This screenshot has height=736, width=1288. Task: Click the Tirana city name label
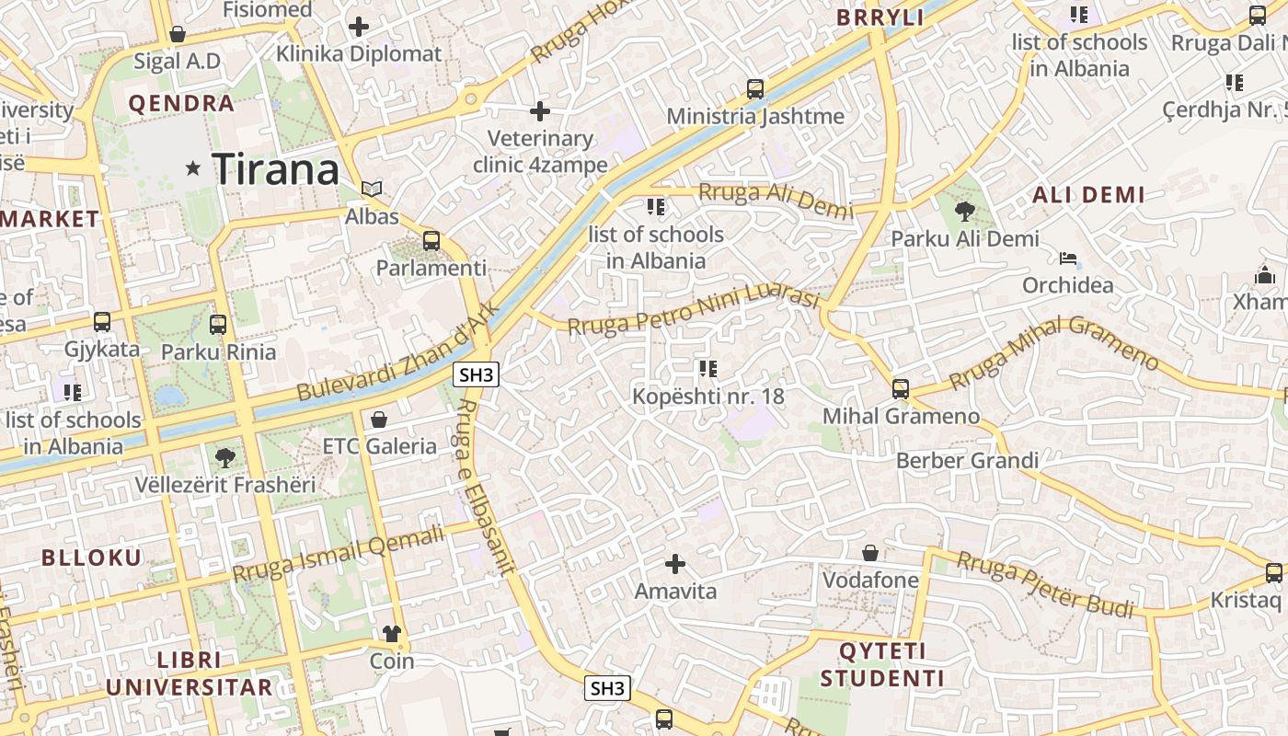coord(276,170)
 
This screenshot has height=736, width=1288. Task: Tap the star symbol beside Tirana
coord(193,168)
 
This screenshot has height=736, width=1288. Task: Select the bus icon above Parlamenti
coord(431,242)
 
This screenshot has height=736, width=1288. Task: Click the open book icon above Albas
coord(372,190)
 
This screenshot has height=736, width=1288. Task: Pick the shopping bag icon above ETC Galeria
coord(379,420)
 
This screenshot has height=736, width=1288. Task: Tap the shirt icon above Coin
coord(392,634)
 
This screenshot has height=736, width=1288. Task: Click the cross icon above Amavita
coord(675,563)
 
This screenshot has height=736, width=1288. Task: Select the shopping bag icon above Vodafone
coord(870,553)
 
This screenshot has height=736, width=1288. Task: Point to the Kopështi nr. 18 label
coord(708,397)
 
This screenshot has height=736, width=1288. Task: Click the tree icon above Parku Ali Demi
coord(965,213)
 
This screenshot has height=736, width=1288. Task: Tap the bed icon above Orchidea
coord(1068,259)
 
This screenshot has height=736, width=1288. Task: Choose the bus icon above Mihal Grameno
coord(901,389)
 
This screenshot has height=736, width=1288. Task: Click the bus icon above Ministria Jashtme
coord(755,89)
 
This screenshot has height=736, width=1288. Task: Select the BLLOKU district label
coord(92,558)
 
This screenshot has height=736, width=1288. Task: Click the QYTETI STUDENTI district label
coord(882,665)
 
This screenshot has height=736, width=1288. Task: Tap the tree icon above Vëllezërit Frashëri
coord(224,457)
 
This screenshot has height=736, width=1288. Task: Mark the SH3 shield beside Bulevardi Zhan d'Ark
coord(477,374)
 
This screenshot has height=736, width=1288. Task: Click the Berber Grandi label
coord(967,460)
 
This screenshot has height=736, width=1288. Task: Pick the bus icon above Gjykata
coord(102,322)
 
